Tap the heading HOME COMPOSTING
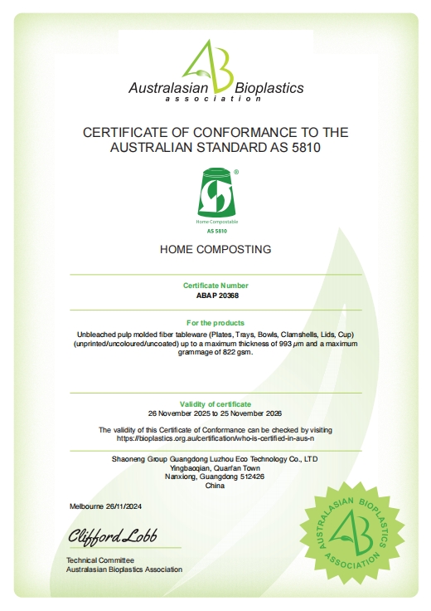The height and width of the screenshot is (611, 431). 215,249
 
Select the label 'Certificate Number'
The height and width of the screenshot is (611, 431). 215,285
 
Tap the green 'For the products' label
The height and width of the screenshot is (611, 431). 215,322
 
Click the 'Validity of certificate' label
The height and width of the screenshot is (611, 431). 215,403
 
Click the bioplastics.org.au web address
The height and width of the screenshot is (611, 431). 215,437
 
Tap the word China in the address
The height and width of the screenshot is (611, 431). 215,486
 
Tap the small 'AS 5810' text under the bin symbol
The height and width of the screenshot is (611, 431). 215,230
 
